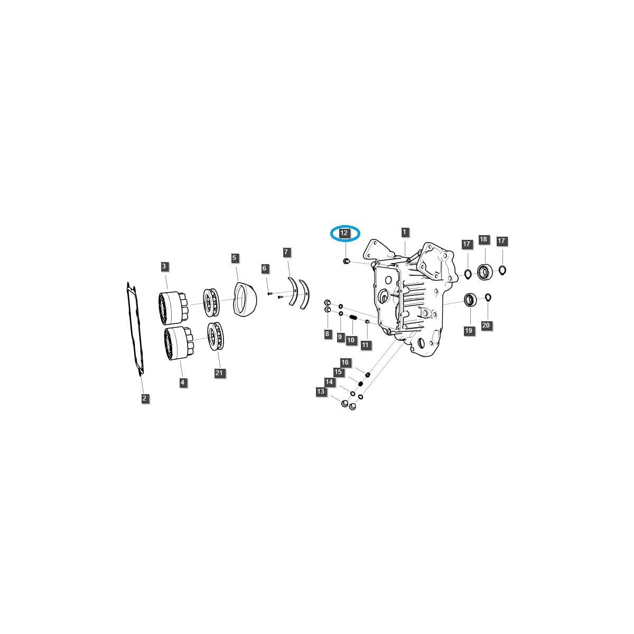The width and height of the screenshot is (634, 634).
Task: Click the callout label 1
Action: [404, 232]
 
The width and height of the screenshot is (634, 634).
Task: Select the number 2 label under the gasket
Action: [144, 398]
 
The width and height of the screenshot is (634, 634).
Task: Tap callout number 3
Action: [164, 266]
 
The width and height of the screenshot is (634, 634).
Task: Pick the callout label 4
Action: [183, 382]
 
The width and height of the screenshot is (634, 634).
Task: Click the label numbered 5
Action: [235, 258]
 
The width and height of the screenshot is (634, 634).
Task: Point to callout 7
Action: [286, 251]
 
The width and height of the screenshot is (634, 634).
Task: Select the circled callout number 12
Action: [344, 233]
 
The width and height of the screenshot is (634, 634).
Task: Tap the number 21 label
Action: [220, 372]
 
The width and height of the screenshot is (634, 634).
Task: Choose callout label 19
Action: [468, 331]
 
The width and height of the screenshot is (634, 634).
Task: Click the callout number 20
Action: [486, 325]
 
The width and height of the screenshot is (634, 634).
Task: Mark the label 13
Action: [321, 391]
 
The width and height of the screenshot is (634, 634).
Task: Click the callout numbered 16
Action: [345, 362]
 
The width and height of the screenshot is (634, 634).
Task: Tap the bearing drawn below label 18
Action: [483, 272]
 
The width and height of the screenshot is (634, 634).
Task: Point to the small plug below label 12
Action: [346, 262]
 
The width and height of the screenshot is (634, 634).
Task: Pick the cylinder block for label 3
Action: [172, 307]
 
